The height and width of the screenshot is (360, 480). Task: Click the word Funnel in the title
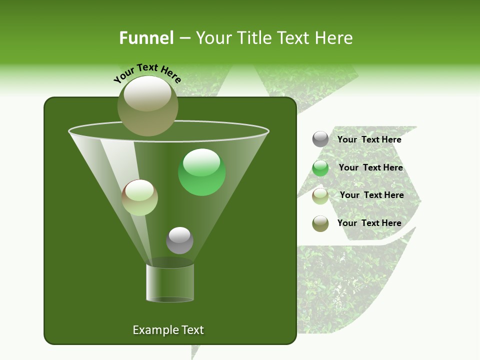[146, 38]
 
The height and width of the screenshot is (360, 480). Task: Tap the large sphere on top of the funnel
[148, 105]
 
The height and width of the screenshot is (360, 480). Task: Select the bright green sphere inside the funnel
[202, 172]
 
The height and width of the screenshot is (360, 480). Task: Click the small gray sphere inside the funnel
[179, 240]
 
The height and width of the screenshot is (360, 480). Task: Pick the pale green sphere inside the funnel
[140, 197]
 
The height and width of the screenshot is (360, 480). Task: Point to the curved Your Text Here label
[147, 72]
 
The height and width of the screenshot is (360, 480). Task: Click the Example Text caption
[168, 330]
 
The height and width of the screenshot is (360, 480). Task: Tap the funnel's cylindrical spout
[170, 282]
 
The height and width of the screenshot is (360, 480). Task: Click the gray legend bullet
[320, 139]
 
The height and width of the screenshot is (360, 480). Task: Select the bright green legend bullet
[320, 168]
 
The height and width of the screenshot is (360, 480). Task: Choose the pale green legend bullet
[320, 195]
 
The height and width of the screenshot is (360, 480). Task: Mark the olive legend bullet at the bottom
[320, 223]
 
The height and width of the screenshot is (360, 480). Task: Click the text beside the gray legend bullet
[369, 139]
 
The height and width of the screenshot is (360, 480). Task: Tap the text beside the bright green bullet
[370, 167]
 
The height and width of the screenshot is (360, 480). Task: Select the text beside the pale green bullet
[371, 195]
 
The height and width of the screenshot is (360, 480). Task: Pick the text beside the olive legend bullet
[369, 223]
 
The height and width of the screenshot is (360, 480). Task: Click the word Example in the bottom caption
[152, 330]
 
